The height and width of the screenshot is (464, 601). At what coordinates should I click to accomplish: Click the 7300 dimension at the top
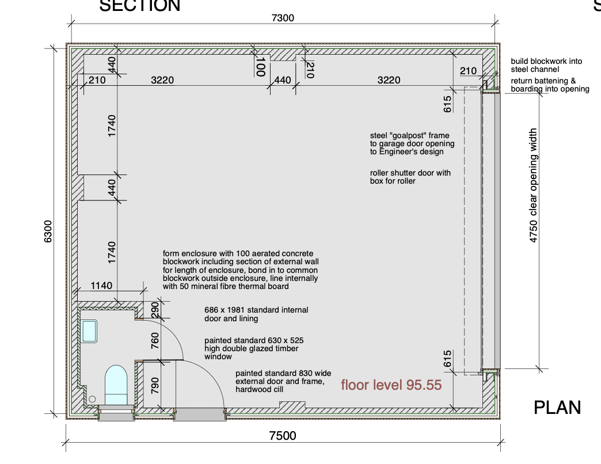283,18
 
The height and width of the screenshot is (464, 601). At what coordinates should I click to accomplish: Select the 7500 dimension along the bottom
283,436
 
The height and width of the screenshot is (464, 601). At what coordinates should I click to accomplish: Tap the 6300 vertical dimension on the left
48,231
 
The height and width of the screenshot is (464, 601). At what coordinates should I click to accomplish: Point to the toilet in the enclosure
116,385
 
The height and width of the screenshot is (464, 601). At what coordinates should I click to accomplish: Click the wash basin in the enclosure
89,332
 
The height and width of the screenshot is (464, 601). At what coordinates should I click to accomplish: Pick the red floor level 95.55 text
391,385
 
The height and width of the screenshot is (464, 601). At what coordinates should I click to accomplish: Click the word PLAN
557,408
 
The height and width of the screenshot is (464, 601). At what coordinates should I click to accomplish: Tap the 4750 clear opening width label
533,185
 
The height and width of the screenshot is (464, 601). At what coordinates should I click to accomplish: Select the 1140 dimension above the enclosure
101,286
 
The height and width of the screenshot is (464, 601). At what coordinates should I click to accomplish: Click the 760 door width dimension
155,341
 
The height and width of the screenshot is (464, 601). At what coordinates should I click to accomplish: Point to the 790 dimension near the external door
155,386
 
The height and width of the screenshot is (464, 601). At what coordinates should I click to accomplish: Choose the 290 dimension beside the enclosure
155,310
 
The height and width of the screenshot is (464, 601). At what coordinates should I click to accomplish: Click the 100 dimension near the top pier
261,67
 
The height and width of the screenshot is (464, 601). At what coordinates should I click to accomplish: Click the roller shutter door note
410,177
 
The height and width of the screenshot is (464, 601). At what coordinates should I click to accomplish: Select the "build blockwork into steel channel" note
546,65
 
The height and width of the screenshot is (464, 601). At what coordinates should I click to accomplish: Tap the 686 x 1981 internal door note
256,314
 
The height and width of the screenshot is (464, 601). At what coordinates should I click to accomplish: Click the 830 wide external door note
283,381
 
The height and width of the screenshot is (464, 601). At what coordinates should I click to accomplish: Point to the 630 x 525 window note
254,348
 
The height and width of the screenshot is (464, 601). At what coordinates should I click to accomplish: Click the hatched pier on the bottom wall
292,405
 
